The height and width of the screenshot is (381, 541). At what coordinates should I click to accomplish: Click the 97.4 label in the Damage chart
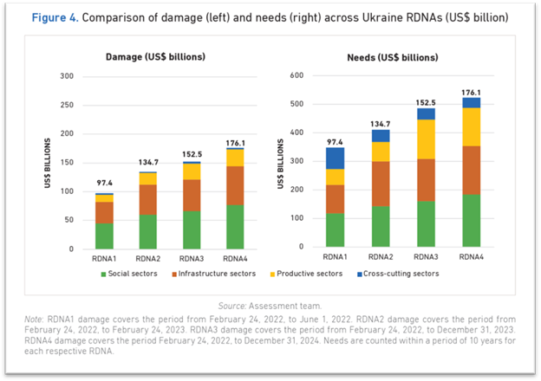pos(104,184)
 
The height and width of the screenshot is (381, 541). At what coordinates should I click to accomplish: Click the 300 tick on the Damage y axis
pos(64,75)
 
